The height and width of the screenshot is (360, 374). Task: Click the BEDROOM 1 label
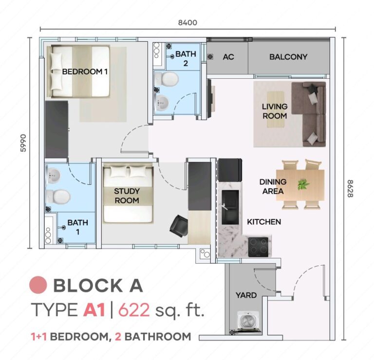pos(85,72)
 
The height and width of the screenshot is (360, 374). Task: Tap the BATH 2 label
pos(186,58)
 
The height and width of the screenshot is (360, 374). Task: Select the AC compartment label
pos(228,57)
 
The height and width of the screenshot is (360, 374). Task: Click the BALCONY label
pos(288,57)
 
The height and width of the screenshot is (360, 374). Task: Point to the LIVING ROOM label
pos(275,111)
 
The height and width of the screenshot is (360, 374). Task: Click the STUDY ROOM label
pos(127,196)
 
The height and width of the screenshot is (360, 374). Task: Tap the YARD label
pos(246,295)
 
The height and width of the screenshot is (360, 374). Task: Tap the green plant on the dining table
pos(304,184)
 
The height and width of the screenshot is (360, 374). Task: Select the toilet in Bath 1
pos(59,196)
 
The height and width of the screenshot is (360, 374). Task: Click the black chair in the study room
pos(178,224)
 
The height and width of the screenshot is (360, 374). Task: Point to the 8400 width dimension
pos(187,22)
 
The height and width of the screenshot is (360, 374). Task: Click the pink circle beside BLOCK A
pos(38,285)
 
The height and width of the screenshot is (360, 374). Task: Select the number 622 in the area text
pos(133,310)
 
